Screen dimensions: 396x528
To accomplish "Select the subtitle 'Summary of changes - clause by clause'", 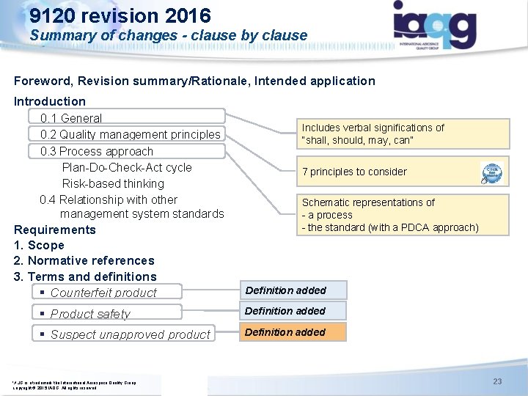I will [x=169, y=35].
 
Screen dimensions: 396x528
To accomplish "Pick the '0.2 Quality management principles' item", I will [x=130, y=134].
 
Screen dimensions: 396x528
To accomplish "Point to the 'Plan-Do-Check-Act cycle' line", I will [x=127, y=167].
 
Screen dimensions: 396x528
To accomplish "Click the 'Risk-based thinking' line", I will [x=113, y=183].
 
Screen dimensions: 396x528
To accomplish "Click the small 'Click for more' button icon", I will [x=491, y=172].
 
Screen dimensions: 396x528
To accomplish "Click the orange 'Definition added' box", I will [x=292, y=332].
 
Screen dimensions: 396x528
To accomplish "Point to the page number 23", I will [x=497, y=381].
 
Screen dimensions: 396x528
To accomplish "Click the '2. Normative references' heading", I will [x=84, y=260].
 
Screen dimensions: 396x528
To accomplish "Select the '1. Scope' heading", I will [x=39, y=245].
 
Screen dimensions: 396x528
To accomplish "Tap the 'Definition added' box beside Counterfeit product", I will [x=292, y=290].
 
